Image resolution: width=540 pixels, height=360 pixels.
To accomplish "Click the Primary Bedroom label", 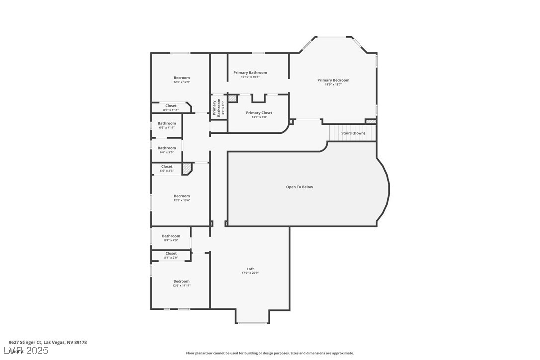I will tap(333, 80).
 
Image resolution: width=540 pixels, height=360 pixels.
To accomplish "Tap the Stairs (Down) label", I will tap(353, 133).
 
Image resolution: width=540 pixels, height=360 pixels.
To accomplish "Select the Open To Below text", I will tap(299, 187).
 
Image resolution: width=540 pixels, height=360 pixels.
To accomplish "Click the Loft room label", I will tap(250, 269).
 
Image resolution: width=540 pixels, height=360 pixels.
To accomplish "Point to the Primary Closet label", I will tap(259, 113).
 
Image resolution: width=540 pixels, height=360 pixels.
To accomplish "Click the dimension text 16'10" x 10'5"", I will tap(250, 77).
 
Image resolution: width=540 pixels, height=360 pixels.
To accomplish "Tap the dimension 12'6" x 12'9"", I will tap(181, 82).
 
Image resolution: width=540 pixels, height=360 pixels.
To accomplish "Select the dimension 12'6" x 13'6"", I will tap(181, 200).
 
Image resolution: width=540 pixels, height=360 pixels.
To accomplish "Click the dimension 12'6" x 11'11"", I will tap(181, 286).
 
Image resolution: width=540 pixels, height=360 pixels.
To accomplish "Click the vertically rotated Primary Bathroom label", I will tap(217, 108).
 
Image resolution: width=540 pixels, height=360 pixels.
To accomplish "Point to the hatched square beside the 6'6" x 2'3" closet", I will tap(187, 169).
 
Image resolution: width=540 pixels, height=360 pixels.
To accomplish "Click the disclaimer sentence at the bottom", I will tap(270, 353).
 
